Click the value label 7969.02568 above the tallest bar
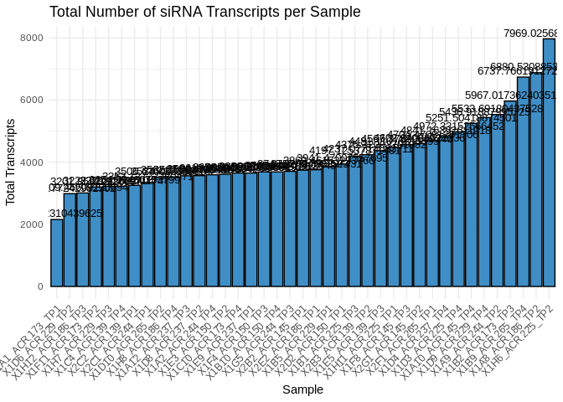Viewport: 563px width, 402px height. pos(530,33)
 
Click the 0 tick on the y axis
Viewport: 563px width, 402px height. pos(39,286)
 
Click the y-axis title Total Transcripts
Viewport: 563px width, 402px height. pos(11,162)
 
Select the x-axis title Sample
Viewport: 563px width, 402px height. pos(302,389)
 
